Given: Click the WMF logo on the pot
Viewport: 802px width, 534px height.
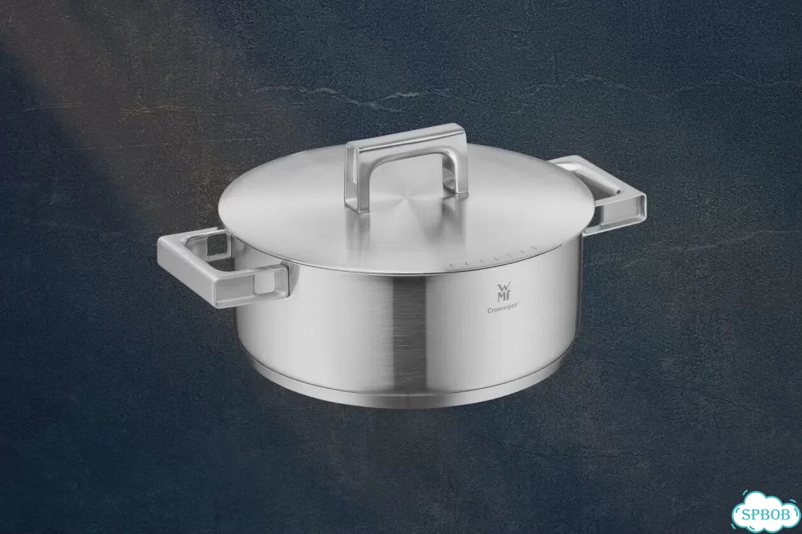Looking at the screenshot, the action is (x=503, y=292).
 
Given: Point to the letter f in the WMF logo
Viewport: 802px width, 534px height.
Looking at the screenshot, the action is (x=507, y=298).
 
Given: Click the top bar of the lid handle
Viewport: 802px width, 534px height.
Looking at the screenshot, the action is (x=405, y=137).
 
